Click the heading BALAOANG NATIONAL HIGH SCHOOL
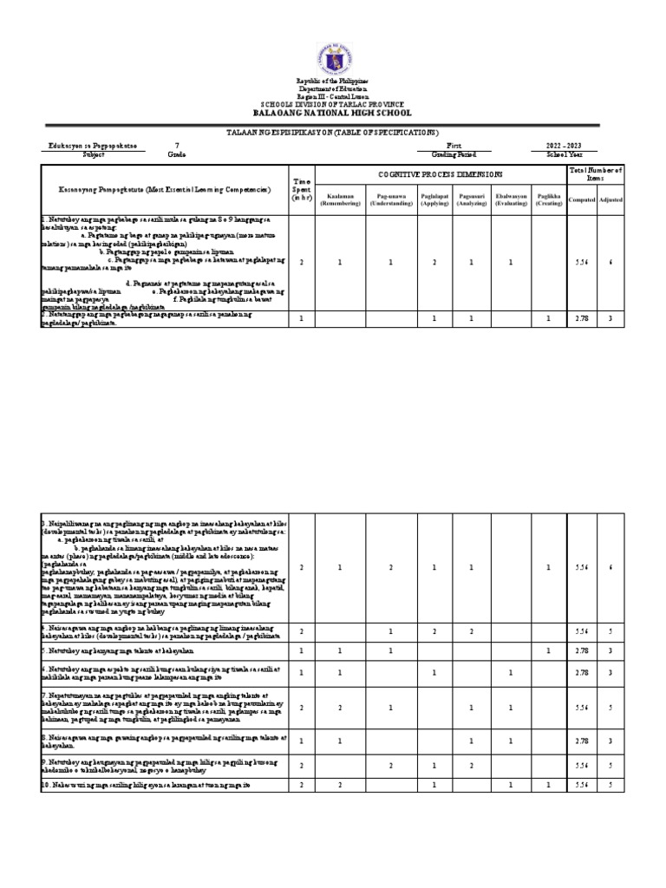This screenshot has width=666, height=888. click(x=332, y=113)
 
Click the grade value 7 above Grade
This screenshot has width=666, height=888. click(x=177, y=146)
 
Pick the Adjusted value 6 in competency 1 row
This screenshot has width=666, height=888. click(x=611, y=261)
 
